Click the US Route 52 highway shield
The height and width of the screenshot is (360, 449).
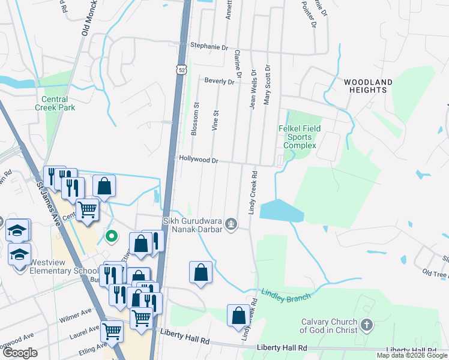(181, 70)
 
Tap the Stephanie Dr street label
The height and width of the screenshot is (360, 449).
(209, 46)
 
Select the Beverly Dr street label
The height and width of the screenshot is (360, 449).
(218, 81)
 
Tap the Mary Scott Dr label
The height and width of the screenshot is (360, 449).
(268, 85)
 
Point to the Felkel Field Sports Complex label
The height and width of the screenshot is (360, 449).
(300, 137)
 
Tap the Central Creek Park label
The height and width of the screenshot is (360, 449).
(59, 104)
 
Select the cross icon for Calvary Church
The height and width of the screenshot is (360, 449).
(366, 326)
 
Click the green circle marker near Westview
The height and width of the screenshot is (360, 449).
(111, 236)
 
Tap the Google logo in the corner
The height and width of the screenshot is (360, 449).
(20, 353)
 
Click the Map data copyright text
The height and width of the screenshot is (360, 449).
(412, 355)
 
